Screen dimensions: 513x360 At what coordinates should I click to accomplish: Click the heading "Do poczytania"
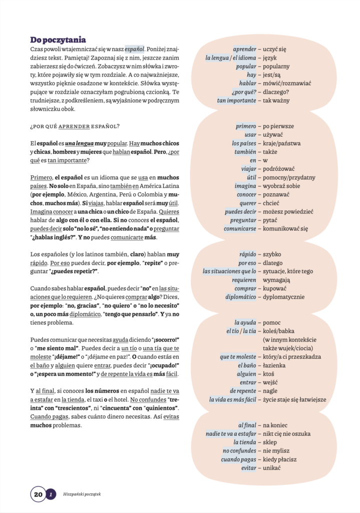click(58, 40)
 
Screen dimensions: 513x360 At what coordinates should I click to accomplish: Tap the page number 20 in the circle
click(38, 494)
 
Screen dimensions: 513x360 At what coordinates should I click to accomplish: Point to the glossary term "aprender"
click(244, 49)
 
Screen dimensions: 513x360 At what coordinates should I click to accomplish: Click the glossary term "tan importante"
click(236, 100)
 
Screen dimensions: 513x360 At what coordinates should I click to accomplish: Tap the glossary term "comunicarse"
click(240, 228)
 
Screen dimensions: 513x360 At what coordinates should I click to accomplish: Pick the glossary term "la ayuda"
click(245, 322)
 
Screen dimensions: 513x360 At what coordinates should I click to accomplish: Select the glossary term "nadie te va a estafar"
click(231, 433)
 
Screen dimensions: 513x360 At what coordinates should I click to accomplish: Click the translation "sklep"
click(271, 442)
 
